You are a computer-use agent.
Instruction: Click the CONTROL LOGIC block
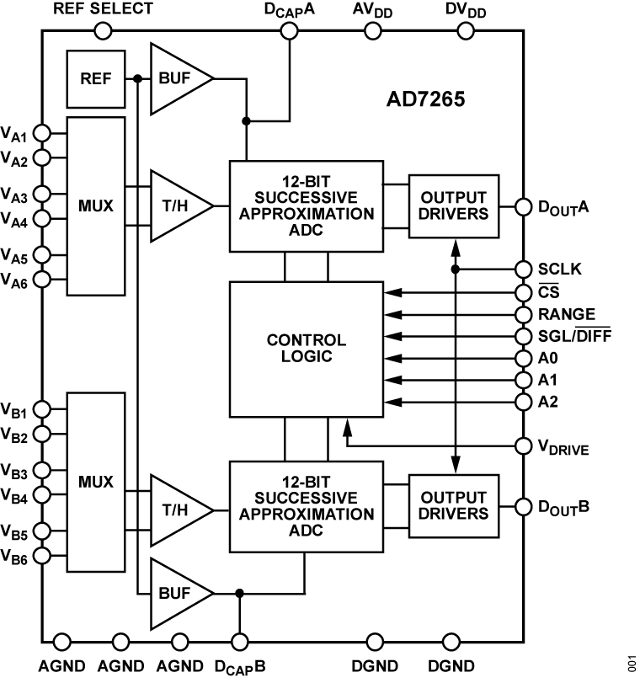point(306,349)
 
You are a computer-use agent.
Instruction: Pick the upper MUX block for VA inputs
point(96,205)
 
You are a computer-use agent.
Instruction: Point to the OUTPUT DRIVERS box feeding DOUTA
point(454,205)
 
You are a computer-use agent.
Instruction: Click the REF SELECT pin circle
point(103,31)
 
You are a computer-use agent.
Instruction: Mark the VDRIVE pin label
point(563,446)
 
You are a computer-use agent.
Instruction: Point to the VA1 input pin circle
point(41,133)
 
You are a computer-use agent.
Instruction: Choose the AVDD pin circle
point(371,31)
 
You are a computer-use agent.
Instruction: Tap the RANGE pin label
point(565,314)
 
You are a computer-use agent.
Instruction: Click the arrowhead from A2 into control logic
point(389,401)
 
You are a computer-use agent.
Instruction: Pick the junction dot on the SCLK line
point(456,269)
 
